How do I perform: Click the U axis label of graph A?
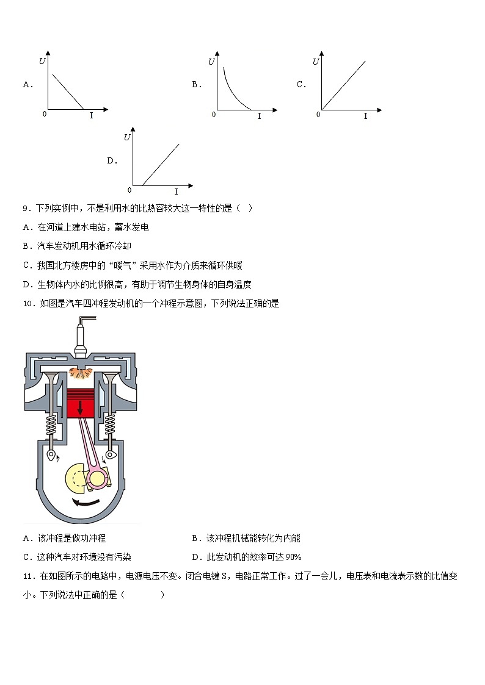coord(42,61)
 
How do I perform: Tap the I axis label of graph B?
coord(259,116)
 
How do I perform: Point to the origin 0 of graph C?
coord(318,115)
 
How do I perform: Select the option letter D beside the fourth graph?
coord(111,161)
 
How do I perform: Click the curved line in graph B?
coord(232,88)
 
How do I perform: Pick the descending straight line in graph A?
coord(68,91)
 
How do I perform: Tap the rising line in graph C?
coord(343,85)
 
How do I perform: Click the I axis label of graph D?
coord(176,192)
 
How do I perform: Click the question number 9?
coord(26,209)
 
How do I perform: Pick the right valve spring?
coord(111,425)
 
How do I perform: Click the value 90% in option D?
coord(294,558)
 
